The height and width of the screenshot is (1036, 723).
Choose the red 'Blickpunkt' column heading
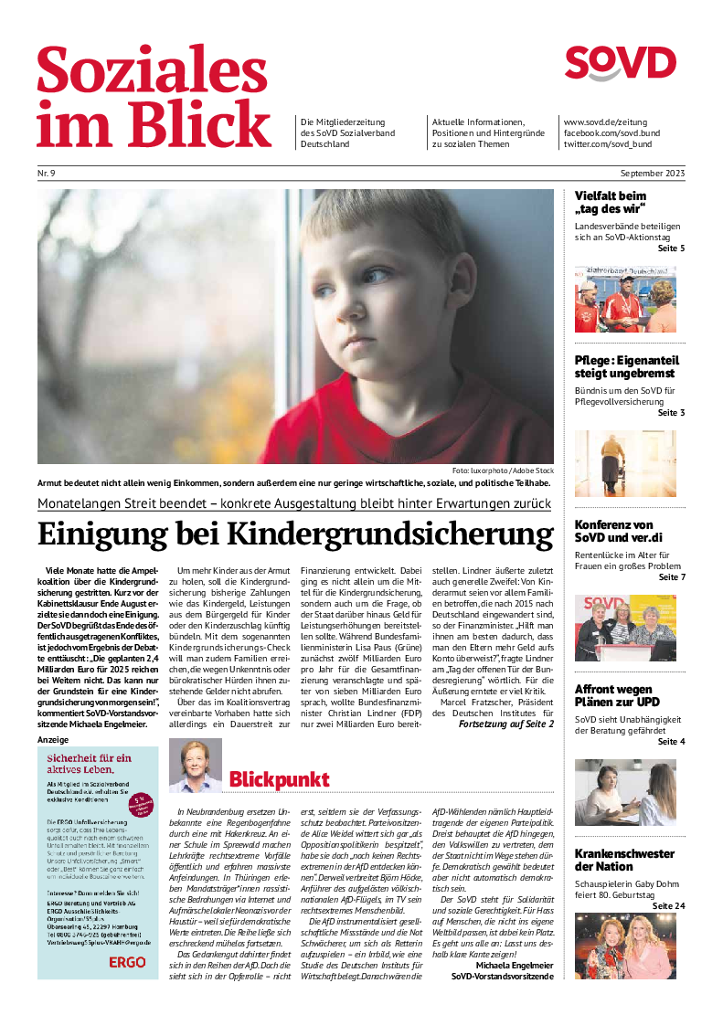click(279, 779)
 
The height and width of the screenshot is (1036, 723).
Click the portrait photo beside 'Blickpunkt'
click(196, 766)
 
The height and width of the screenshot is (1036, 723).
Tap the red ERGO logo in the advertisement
click(127, 962)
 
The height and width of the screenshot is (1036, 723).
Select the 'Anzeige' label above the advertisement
click(52, 738)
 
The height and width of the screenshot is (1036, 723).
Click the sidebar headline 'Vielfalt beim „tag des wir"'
click(611, 203)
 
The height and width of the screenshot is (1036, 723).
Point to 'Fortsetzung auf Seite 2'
click(505, 724)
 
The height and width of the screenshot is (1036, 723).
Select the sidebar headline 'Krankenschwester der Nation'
click(624, 860)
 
